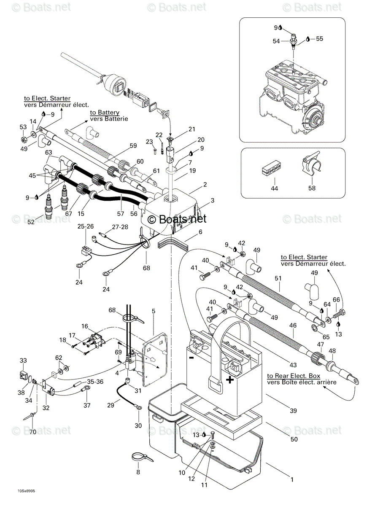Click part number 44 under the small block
click(274, 188)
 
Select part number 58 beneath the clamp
click(312, 188)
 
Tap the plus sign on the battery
click(230, 380)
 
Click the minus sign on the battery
click(191, 357)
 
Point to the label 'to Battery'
click(105, 113)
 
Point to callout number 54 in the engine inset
click(276, 41)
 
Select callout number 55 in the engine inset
click(320, 39)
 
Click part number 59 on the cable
click(133, 145)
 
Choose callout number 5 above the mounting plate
click(153, 311)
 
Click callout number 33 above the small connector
click(23, 361)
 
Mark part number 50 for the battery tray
click(294, 439)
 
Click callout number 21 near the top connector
click(191, 129)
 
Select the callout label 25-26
click(86, 226)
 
